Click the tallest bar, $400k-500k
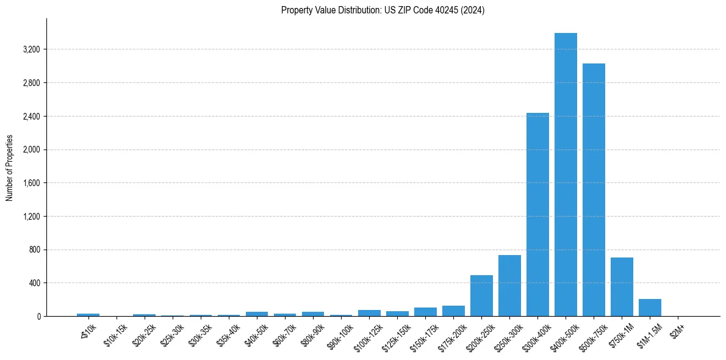(566, 175)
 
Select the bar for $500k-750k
(594, 190)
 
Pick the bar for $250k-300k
(509, 286)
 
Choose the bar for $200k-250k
(481, 296)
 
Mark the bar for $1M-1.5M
(650, 308)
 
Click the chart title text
(383, 10)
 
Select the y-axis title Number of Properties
(10, 168)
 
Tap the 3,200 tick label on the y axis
(31, 49)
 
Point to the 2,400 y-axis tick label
(31, 117)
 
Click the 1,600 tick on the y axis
(31, 183)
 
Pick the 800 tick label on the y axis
(34, 250)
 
